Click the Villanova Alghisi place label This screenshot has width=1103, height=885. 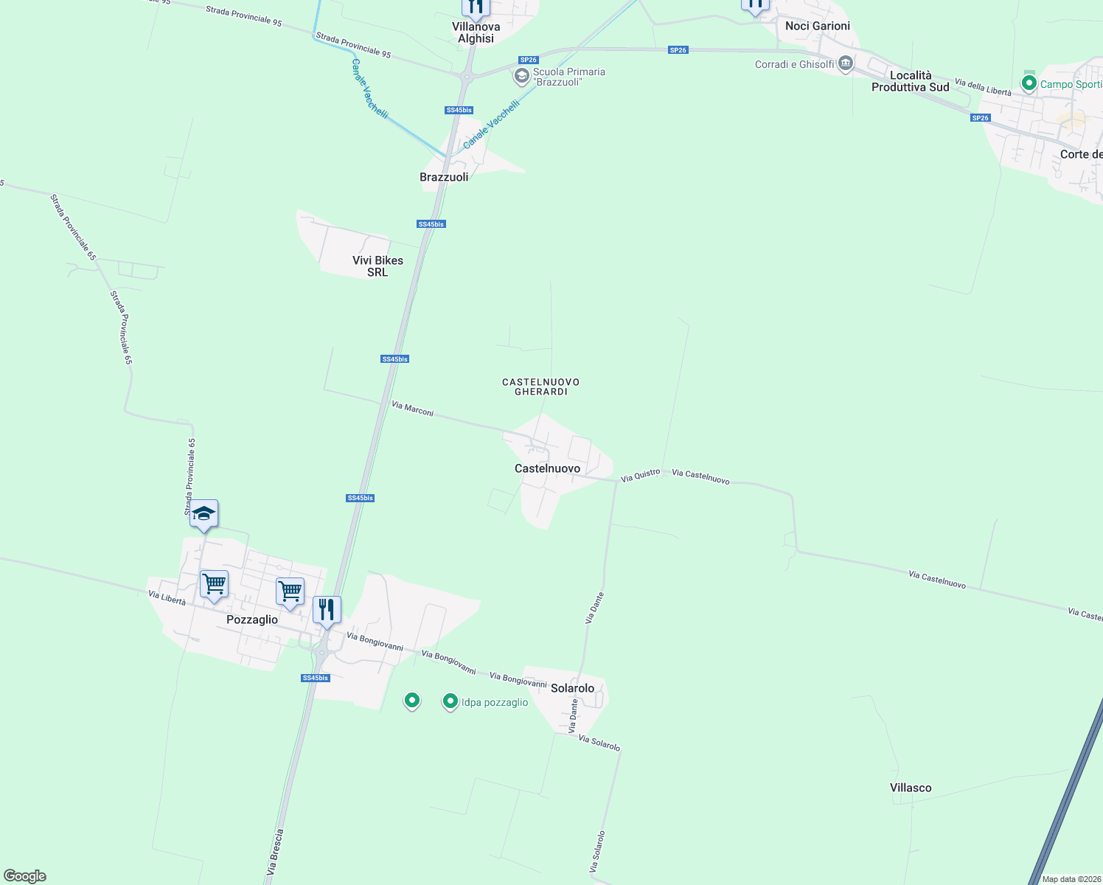(476, 32)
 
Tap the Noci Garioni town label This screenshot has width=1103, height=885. (817, 26)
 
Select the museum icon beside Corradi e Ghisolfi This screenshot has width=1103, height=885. (846, 64)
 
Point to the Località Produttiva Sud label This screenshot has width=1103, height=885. (910, 81)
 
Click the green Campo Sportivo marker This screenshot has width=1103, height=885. (1029, 83)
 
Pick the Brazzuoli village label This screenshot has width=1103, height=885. (444, 177)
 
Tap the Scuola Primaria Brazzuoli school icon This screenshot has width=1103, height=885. (522, 76)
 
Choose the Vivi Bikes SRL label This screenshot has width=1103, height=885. (377, 266)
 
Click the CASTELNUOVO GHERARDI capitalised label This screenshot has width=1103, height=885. (540, 386)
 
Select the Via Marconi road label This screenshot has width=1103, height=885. (412, 409)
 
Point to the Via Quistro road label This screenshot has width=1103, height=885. (640, 476)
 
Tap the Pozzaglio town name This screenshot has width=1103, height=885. (252, 619)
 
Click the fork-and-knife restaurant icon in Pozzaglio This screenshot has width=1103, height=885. (327, 610)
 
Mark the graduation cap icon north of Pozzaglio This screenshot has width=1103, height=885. (203, 514)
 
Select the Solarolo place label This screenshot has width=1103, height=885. (572, 688)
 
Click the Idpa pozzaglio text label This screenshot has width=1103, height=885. (495, 702)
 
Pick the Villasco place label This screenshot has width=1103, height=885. (911, 788)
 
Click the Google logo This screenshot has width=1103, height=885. (25, 876)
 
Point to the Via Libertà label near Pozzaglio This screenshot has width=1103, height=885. (167, 598)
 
